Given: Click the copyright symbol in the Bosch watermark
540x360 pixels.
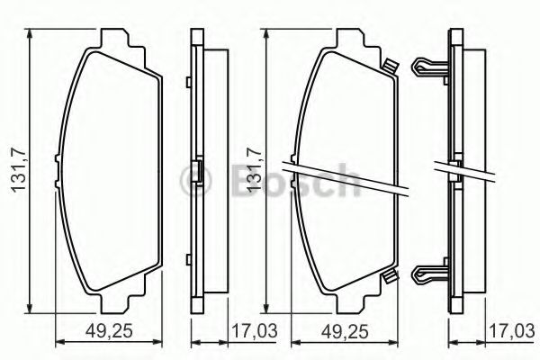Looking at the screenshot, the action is tap(196, 179).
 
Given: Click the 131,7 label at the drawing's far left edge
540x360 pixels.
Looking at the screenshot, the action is tap(19, 170).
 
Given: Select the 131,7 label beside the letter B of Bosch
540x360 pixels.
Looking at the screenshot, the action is tap(254, 170).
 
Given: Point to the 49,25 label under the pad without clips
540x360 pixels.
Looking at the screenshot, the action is tap(109, 332).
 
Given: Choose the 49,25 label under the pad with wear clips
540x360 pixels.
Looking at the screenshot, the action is tap(345, 332).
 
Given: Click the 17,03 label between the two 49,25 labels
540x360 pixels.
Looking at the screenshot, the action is tap(254, 331).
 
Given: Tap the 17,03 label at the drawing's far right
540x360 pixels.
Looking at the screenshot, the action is tap(512, 331).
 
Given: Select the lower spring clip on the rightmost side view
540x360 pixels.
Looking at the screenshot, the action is tap(429, 274).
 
